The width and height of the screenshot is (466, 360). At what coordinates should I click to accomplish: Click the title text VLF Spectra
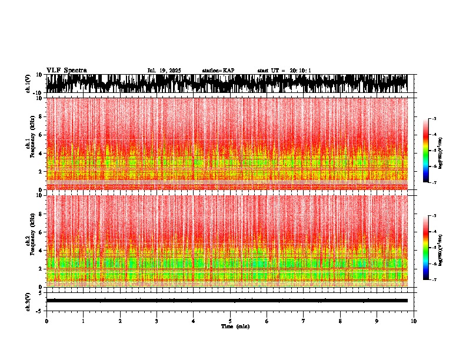(66, 70)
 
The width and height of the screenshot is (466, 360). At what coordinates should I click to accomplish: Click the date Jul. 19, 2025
(164, 71)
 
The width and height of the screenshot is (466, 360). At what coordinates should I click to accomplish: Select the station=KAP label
(218, 71)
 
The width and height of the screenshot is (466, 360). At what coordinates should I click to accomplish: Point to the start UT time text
(284, 71)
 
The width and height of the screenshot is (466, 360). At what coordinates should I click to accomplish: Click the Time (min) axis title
(235, 326)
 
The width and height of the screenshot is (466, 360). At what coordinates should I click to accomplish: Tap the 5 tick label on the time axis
(230, 321)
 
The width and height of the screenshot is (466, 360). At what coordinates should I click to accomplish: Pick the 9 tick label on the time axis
(377, 321)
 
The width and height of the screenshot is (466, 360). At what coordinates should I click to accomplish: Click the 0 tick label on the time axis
(46, 321)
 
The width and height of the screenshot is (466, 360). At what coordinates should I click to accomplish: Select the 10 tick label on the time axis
(414, 321)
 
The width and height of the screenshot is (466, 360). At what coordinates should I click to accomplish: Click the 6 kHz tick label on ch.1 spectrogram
(41, 135)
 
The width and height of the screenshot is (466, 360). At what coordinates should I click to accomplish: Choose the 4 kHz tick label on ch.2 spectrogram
(41, 251)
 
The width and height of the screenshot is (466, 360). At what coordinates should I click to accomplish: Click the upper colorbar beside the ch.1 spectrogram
(426, 151)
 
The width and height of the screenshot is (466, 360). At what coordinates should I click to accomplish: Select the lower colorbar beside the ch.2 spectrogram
(426, 248)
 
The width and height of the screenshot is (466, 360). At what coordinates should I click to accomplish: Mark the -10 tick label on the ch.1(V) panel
(38, 93)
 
